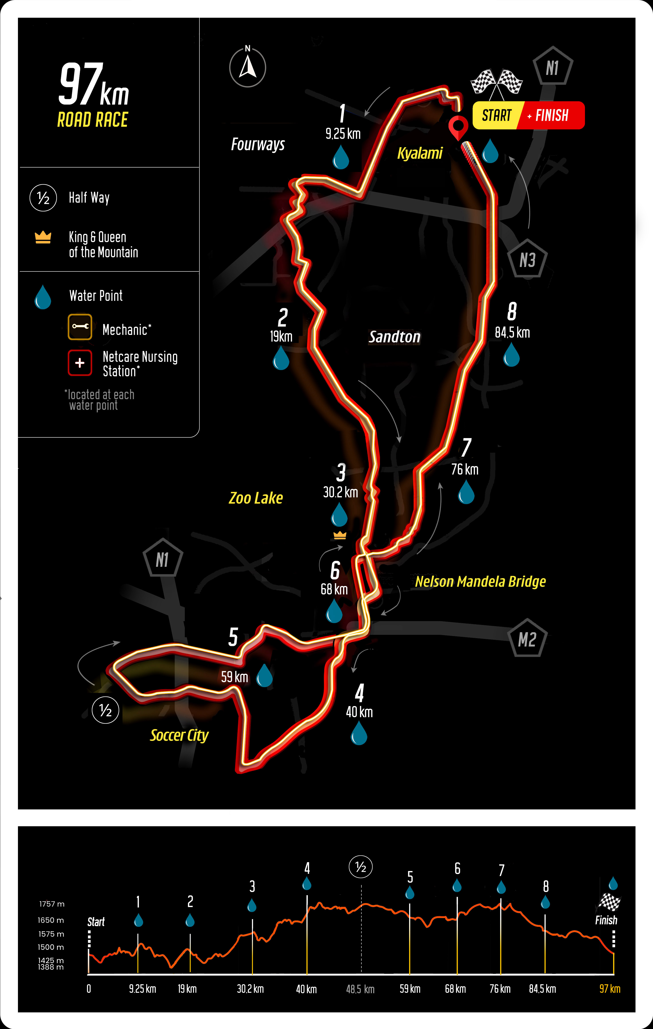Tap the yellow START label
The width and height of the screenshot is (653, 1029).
click(497, 115)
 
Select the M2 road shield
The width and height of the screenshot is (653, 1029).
click(527, 638)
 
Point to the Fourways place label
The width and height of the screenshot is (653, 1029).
click(258, 144)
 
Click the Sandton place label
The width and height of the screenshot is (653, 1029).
click(394, 337)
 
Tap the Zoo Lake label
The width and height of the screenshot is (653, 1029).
click(255, 498)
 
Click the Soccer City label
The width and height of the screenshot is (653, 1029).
click(179, 735)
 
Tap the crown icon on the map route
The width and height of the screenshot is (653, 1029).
click(340, 535)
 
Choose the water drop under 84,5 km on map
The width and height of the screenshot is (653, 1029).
click(511, 355)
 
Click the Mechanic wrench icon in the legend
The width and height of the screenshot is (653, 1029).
click(80, 327)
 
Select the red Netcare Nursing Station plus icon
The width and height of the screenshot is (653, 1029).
click(80, 363)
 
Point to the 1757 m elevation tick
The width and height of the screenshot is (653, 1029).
click(52, 904)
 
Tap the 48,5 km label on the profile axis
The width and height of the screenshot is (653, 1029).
click(360, 989)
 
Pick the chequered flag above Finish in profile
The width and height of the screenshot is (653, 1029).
click(609, 902)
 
